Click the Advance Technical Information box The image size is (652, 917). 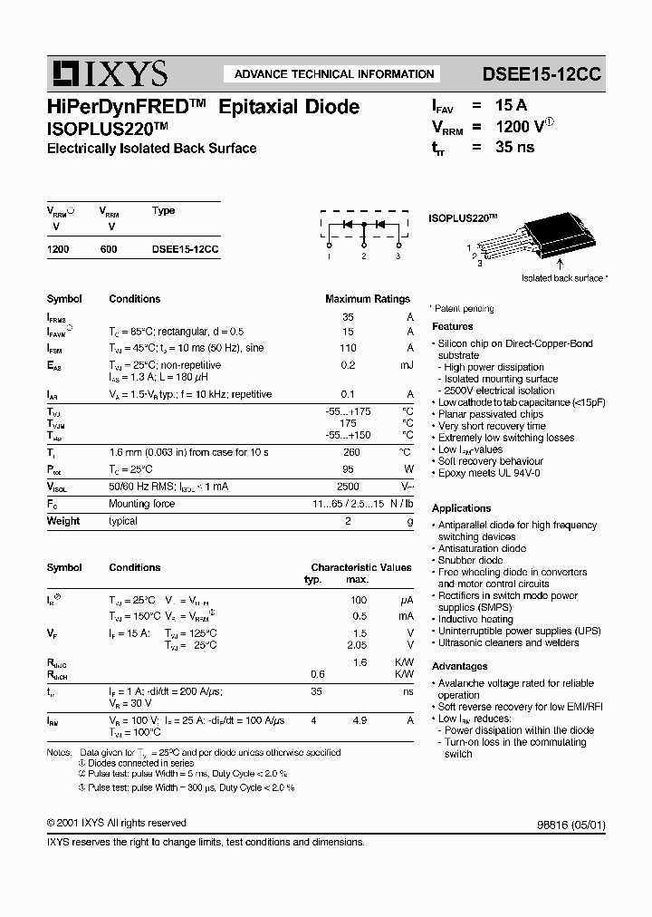(x=334, y=74)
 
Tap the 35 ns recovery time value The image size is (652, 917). (x=514, y=149)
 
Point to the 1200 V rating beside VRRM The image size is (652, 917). (x=520, y=128)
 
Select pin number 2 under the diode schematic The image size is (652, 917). (x=363, y=257)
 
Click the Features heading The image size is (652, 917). (x=452, y=326)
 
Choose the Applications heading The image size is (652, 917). (x=461, y=508)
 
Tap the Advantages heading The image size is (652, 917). (x=459, y=666)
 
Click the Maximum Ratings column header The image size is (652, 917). (x=367, y=299)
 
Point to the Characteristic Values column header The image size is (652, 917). (x=360, y=567)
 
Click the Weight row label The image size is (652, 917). (x=63, y=521)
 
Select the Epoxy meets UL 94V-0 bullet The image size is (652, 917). (x=490, y=473)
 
